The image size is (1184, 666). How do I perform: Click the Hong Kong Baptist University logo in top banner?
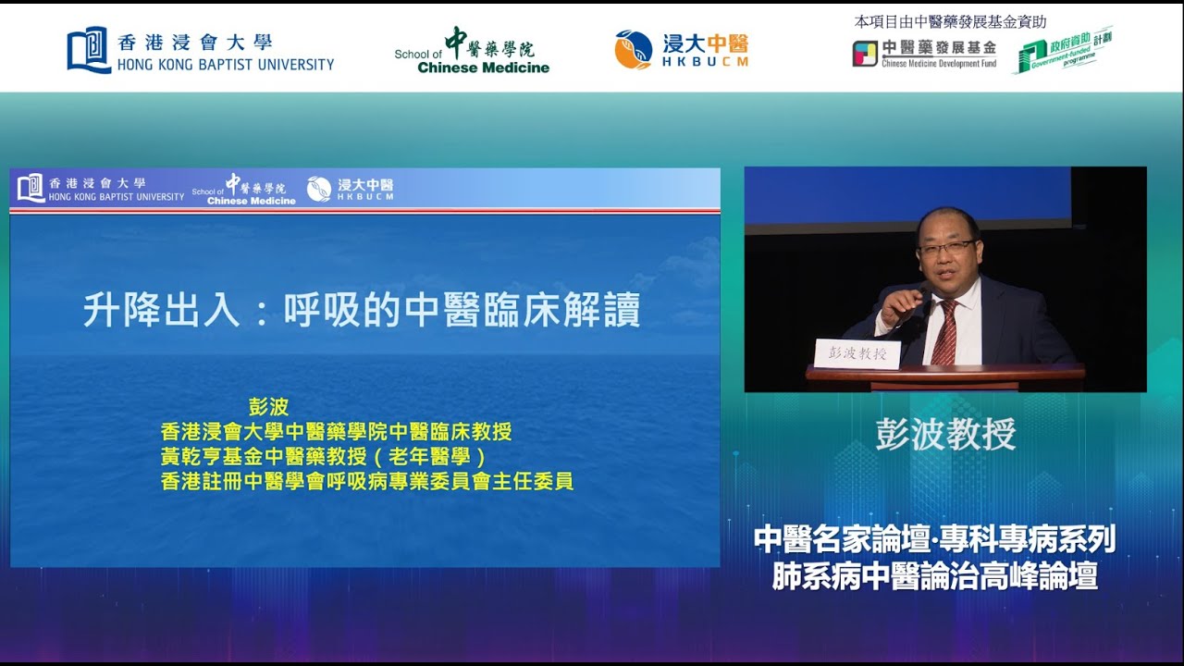(200, 51)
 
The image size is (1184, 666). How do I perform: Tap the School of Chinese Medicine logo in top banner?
(472, 51)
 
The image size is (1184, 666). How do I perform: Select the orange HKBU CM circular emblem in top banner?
(634, 49)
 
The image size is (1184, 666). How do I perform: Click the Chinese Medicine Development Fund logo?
(924, 53)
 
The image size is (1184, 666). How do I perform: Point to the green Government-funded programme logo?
(1064, 52)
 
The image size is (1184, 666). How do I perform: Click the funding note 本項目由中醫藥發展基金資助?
(950, 22)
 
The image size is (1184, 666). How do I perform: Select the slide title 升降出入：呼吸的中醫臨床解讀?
(362, 312)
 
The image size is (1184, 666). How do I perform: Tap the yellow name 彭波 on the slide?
(269, 407)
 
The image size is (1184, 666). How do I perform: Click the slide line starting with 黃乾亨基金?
(323, 457)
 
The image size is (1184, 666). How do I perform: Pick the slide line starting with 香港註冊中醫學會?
(366, 481)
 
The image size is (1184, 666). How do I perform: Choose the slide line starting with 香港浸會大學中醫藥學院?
(336, 432)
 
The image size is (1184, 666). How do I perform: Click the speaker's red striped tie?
(944, 334)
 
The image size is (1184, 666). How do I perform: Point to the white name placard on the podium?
(857, 353)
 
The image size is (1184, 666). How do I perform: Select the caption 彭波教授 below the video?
(945, 434)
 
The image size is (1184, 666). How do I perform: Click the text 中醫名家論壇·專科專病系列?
(934, 539)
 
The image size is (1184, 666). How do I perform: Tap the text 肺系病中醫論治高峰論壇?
(934, 576)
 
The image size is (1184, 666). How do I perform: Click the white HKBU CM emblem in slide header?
(319, 189)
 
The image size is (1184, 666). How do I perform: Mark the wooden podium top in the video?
(945, 373)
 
